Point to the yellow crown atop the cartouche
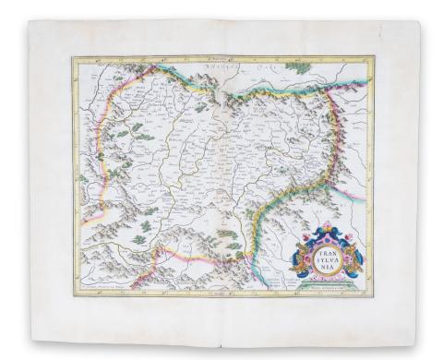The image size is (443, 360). [x=326, y=230]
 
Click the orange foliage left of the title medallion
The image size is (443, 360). [x=302, y=258]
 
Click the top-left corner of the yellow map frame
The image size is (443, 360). [x=74, y=58]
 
